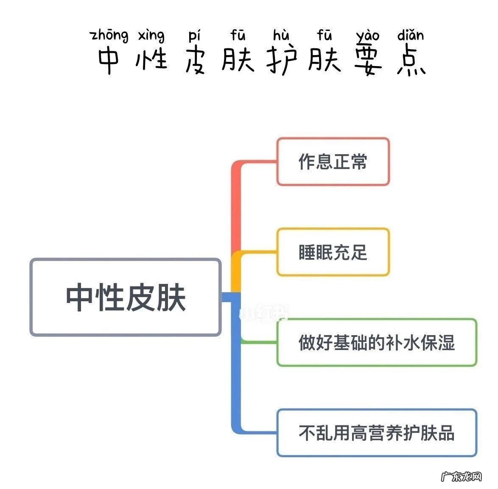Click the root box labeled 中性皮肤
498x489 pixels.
pos(126,297)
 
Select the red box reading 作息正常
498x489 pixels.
pos(333,161)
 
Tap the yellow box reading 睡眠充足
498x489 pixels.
pos(333,252)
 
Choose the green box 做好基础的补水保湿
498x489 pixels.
pos(376,342)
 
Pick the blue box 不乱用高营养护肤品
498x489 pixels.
pos(376,433)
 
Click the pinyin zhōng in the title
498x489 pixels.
pos(109,36)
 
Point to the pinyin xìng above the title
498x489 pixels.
pos(151,36)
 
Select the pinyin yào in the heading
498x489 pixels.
pos(367,36)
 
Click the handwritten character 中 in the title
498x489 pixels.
pos(109,61)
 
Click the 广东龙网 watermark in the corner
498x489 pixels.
pos(462,476)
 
